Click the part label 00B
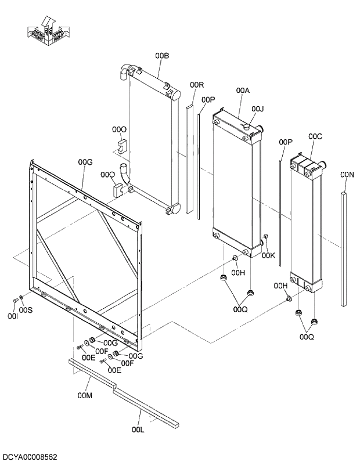[162, 56]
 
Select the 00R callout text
[197, 85]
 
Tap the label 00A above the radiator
[243, 91]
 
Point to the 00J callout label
[258, 109]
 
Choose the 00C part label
[315, 136]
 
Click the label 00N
[347, 174]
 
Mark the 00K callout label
[268, 255]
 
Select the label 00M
[85, 396]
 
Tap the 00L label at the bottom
[138, 429]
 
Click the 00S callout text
[26, 311]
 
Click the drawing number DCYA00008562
[29, 457]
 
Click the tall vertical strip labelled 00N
[344, 250]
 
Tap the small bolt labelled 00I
[15, 301]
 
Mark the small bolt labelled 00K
[265, 236]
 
